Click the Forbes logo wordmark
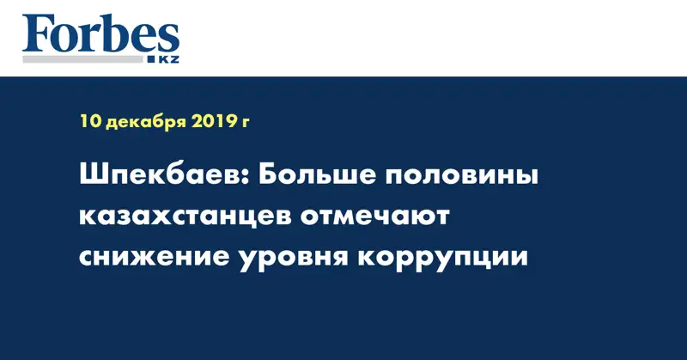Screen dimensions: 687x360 [100, 34]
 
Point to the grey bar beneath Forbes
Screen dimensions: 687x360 [82, 59]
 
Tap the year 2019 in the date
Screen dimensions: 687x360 [213, 121]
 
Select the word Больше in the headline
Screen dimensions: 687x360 [314, 175]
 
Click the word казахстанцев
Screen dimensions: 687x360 [185, 217]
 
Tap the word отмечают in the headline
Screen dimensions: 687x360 [375, 217]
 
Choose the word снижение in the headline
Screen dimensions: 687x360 [155, 258]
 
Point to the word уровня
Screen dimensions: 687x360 [293, 259]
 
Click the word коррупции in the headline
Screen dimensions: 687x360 [442, 259]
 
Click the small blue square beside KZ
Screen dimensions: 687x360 [152, 59]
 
